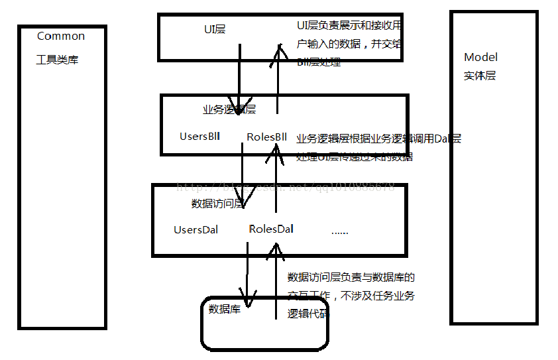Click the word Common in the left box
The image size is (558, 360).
(61, 36)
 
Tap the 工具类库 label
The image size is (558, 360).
(57, 60)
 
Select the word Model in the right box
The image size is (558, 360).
(480, 57)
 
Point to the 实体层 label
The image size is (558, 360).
(480, 76)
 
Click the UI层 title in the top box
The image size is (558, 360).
(215, 29)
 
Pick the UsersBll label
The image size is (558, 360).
(199, 137)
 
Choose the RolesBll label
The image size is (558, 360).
(266, 137)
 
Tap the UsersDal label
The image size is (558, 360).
(195, 230)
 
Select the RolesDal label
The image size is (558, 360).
(271, 229)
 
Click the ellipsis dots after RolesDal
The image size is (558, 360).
(339, 231)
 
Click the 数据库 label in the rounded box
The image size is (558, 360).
(225, 309)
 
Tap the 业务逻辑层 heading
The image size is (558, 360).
(229, 109)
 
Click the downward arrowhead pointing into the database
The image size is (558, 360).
(248, 302)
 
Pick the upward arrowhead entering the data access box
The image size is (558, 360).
(274, 251)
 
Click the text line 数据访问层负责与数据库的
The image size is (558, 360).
(351, 277)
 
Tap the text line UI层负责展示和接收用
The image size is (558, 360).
(349, 26)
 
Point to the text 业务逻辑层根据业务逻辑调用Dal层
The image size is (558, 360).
(378, 139)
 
